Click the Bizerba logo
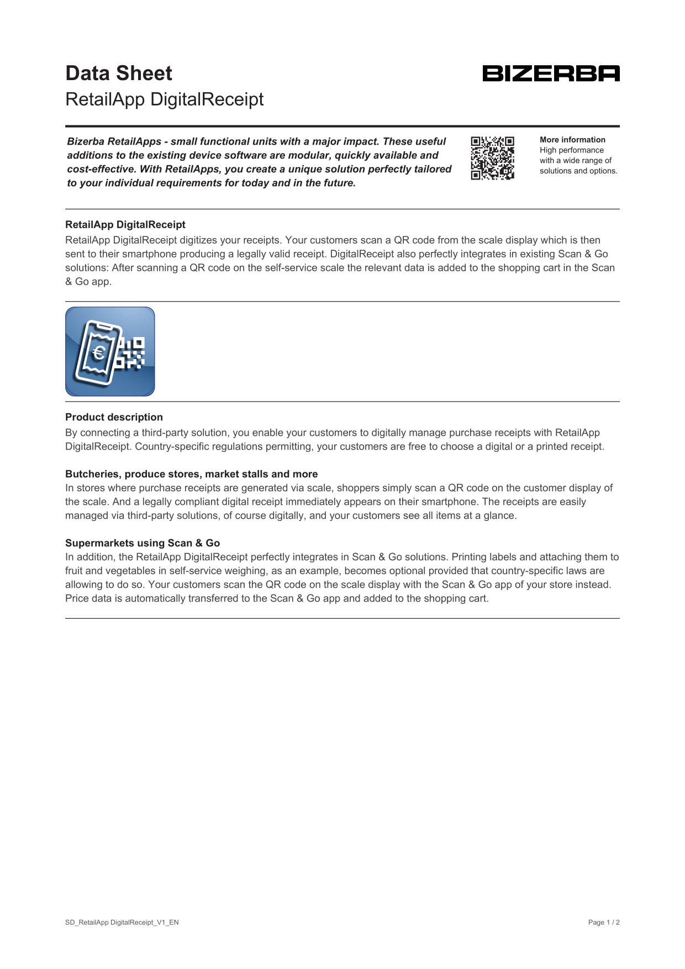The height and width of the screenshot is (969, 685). click(x=551, y=73)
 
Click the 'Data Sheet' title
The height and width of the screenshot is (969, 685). click(x=119, y=73)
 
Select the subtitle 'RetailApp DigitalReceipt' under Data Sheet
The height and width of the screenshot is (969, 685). click(x=164, y=99)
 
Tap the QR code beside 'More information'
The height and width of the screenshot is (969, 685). click(x=492, y=158)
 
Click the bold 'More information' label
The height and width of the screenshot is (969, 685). click(x=572, y=140)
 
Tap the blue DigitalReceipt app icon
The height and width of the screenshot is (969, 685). click(x=110, y=351)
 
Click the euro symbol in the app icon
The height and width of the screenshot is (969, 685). click(x=99, y=352)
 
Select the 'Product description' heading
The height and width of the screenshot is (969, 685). click(x=114, y=417)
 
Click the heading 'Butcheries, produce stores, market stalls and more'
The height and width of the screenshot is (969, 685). click(x=191, y=474)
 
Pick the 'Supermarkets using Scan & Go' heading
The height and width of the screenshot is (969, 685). click(x=143, y=543)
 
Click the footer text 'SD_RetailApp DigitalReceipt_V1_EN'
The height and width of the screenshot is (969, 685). click(x=122, y=922)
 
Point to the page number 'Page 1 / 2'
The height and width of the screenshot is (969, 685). click(x=604, y=922)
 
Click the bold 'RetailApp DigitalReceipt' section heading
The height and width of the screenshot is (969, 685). click(x=125, y=225)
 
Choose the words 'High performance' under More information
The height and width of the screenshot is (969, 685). click(x=572, y=150)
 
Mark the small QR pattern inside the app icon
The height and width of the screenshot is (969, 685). click(x=132, y=352)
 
